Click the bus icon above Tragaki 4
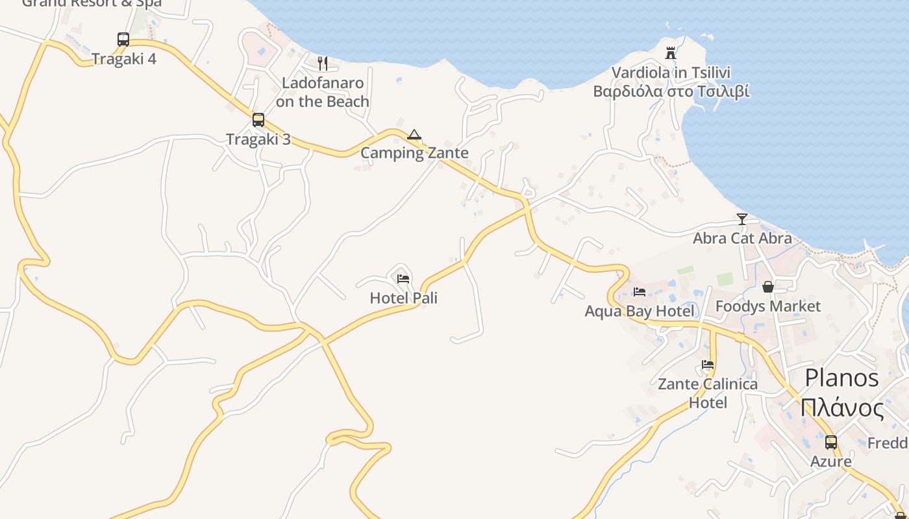point(123,40)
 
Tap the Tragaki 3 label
point(258,139)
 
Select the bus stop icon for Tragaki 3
point(258,120)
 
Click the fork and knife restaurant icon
point(323,63)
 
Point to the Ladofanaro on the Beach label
point(323,92)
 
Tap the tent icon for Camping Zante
point(414,135)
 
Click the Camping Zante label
point(414,153)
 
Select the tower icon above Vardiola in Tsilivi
point(671,53)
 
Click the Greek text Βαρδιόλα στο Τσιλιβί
point(671,91)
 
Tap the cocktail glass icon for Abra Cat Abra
point(742,219)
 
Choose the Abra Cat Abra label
point(742,238)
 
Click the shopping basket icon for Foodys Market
point(768,287)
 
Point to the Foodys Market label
point(768,306)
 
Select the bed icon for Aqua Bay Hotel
point(640,292)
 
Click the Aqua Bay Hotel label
point(640,311)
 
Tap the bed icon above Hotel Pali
point(403,279)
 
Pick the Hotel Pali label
point(403,298)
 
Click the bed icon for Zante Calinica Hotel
point(708,365)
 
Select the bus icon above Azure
point(831,442)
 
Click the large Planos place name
point(841,378)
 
